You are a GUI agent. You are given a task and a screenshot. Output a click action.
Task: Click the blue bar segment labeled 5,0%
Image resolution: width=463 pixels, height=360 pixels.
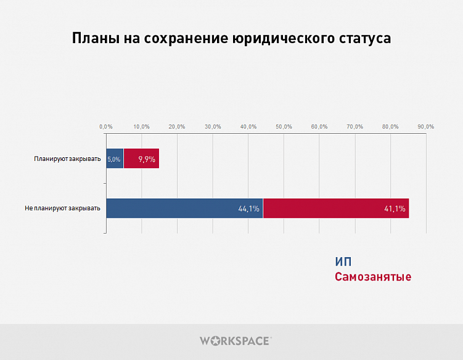(x=115, y=158)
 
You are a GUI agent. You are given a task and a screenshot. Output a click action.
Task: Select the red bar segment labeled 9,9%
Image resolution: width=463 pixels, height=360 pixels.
(x=141, y=158)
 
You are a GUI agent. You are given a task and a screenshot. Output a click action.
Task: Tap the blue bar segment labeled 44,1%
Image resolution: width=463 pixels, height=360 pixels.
(x=184, y=208)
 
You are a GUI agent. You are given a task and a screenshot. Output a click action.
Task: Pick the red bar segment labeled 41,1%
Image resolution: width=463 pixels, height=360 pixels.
(x=336, y=208)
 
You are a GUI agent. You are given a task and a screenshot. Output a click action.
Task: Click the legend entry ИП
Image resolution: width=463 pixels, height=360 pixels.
(x=343, y=262)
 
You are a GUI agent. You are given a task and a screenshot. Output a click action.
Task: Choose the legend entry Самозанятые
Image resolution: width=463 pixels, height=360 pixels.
(x=373, y=277)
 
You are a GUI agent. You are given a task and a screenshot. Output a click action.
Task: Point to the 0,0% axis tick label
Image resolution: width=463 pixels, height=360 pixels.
(x=106, y=126)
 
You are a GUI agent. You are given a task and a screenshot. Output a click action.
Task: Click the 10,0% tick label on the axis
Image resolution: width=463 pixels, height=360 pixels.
(x=141, y=126)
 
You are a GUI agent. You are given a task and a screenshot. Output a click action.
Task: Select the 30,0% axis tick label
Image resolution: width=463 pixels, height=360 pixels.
(x=213, y=126)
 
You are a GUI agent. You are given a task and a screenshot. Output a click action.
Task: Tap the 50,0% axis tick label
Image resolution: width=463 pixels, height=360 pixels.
(x=284, y=126)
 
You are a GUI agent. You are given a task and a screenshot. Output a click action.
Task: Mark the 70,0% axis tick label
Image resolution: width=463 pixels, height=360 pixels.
(x=355, y=126)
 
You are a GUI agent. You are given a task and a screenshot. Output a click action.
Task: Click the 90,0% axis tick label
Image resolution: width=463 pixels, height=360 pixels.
(x=426, y=126)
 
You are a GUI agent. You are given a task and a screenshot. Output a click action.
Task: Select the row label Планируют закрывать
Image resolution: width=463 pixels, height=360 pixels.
(x=67, y=159)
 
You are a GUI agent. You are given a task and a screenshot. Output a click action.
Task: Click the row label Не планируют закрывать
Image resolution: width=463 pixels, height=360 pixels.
(x=62, y=208)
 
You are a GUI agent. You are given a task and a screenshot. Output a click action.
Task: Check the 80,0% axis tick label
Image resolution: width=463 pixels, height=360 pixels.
(x=390, y=126)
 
